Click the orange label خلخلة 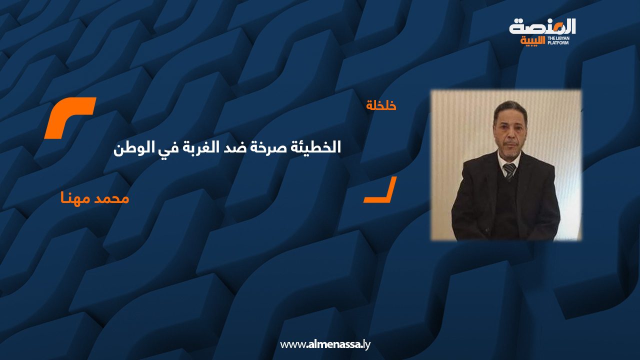pyautogui.click(x=381, y=105)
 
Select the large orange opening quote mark pyautogui.click(x=69, y=117)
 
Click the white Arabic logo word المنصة pyautogui.click(x=542, y=26)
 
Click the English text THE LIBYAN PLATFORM pyautogui.click(x=561, y=40)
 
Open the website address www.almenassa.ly pyautogui.click(x=325, y=344)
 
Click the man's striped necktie pyautogui.click(x=509, y=170)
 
